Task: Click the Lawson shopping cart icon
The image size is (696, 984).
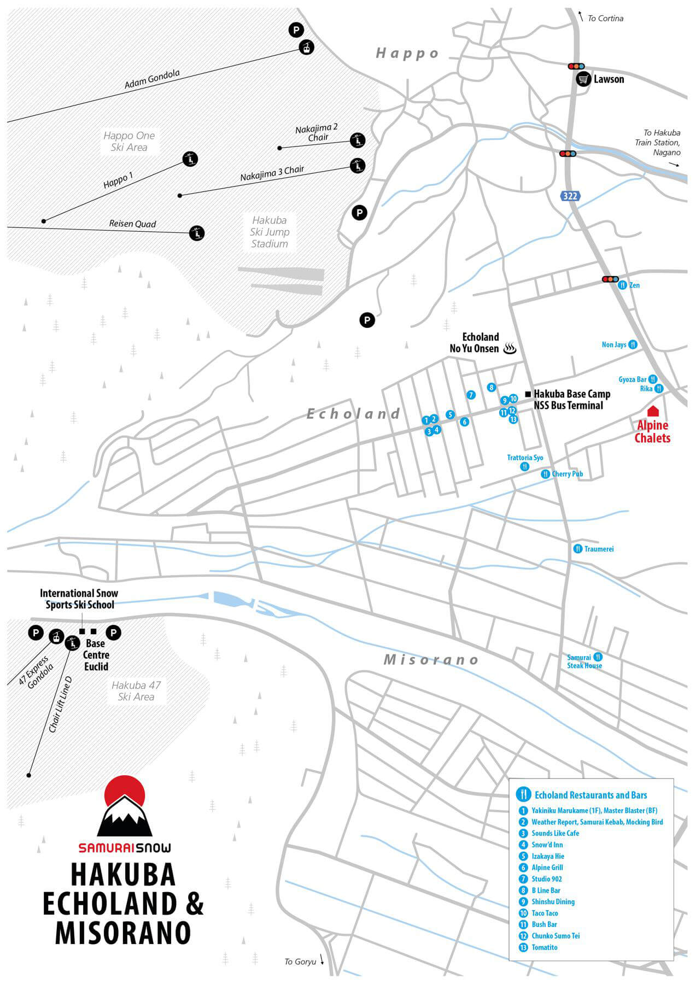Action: pos(584,79)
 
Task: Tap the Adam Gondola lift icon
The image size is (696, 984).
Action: pos(307,48)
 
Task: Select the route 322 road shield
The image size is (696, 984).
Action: pos(570,195)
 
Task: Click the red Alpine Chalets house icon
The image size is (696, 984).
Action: pos(652,411)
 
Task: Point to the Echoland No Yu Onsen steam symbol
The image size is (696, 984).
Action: pos(510,348)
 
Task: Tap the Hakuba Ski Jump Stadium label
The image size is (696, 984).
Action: pos(270,232)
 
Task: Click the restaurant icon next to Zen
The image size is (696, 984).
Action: pos(622,285)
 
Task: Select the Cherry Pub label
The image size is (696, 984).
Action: pos(568,474)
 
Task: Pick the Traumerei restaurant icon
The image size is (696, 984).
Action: pos(577,548)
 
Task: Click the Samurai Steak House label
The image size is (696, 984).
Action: pos(584,661)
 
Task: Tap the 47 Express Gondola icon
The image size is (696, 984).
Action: pos(55,636)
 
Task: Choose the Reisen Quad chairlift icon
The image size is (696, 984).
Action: pos(197,233)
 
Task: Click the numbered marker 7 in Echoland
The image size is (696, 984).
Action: pos(471,395)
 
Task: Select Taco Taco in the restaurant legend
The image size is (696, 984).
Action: pos(545,913)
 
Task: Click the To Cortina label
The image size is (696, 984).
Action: pos(605,19)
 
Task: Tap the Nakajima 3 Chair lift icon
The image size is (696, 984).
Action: pos(358,165)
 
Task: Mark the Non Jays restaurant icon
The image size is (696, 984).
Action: pos(633,344)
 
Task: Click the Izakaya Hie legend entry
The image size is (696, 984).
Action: pos(548,856)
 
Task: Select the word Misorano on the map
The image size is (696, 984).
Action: pos(431,660)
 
